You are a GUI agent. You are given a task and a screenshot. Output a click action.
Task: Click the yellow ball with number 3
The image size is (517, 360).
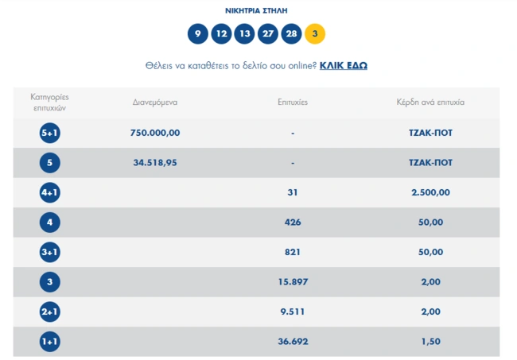314,33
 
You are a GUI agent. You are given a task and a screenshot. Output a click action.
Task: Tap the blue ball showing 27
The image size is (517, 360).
268,33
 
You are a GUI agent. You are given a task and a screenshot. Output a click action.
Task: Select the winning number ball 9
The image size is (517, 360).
198,33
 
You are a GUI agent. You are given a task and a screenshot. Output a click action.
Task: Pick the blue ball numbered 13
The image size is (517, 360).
244,33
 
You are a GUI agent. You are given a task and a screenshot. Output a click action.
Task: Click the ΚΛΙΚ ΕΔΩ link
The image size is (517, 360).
344,65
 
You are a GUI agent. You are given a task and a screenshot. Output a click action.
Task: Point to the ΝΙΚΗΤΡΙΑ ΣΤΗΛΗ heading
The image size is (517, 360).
256,10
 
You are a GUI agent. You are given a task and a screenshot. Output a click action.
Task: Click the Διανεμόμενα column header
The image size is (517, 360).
155,102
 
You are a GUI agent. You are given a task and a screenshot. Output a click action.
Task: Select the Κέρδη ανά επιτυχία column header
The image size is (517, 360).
430,102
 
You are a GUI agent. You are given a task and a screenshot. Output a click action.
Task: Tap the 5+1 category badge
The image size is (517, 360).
50,133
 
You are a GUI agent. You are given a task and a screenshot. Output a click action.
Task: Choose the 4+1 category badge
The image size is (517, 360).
50,192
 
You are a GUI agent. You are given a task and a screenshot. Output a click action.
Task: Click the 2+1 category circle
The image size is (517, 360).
50,312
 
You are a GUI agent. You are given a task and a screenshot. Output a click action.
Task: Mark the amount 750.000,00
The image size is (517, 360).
155,133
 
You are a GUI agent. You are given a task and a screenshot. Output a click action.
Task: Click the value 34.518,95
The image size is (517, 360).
155,163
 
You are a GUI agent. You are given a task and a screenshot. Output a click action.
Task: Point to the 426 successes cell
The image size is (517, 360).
293,223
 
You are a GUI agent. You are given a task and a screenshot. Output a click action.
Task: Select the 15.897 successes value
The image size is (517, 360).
293,282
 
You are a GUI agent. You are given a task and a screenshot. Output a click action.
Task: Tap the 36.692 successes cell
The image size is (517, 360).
293,342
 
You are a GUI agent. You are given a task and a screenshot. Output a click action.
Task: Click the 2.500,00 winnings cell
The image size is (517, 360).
430,192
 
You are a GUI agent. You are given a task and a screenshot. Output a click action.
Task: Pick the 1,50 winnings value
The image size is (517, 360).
430,342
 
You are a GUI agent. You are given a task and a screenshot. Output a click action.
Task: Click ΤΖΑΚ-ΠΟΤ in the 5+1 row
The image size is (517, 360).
430,133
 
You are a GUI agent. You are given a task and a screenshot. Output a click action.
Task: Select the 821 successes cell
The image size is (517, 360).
293,252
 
